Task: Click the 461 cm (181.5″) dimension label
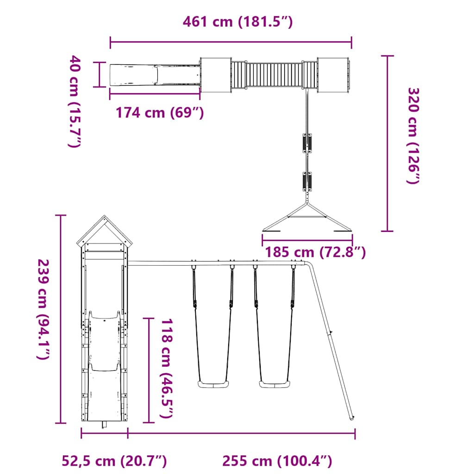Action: [237, 22]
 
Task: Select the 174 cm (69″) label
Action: [159, 112]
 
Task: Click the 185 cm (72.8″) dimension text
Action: [315, 253]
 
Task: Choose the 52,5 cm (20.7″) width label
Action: [114, 461]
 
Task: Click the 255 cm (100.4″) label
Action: [277, 461]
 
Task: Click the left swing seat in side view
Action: [213, 384]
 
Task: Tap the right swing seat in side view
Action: [274, 384]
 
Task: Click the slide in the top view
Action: [155, 74]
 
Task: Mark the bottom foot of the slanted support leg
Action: [352, 418]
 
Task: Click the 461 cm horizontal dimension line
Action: [231, 42]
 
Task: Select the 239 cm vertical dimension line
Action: [60, 319]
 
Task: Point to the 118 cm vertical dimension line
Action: [149, 370]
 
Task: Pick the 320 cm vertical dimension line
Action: [387, 143]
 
